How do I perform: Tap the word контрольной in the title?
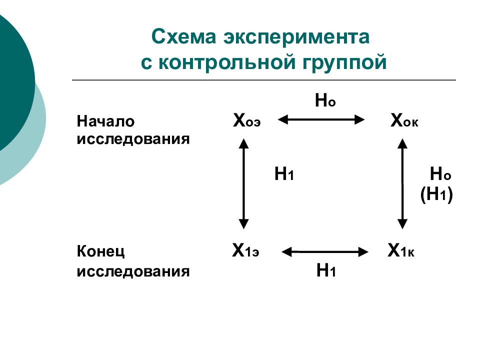227,62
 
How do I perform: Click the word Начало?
105,121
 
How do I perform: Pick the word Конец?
100,251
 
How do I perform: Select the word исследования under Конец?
133,271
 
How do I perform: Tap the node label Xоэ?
246,120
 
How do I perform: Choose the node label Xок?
404,120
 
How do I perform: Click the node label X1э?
245,250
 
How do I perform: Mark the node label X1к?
401,250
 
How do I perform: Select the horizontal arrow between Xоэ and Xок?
321,119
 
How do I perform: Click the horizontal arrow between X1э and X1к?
325,252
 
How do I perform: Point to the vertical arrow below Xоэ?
243,183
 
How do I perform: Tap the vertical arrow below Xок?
402,183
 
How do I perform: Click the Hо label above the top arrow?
325,100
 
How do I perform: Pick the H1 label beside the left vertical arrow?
284,174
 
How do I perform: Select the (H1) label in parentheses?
436,194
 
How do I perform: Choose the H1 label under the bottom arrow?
326,270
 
